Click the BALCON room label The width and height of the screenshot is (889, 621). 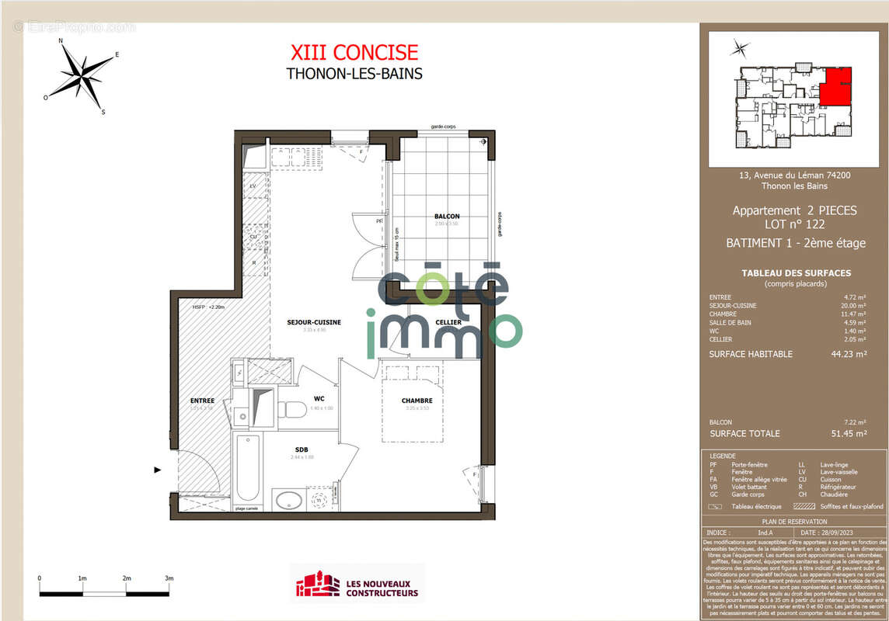tap(447, 217)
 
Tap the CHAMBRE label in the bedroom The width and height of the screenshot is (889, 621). tap(417, 401)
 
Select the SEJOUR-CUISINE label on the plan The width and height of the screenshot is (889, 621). tap(314, 322)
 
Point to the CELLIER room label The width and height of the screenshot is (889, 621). tap(448, 322)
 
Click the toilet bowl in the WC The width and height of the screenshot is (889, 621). tap(293, 409)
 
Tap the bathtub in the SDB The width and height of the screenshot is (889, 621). tap(248, 467)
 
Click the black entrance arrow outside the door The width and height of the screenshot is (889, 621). tap(159, 470)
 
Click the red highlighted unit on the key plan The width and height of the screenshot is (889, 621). tap(835, 85)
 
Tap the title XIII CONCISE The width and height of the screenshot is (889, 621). tap(354, 53)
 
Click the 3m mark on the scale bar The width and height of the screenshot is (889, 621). tap(169, 578)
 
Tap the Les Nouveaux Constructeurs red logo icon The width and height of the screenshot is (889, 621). tap(318, 585)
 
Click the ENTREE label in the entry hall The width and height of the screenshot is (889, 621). tap(202, 401)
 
